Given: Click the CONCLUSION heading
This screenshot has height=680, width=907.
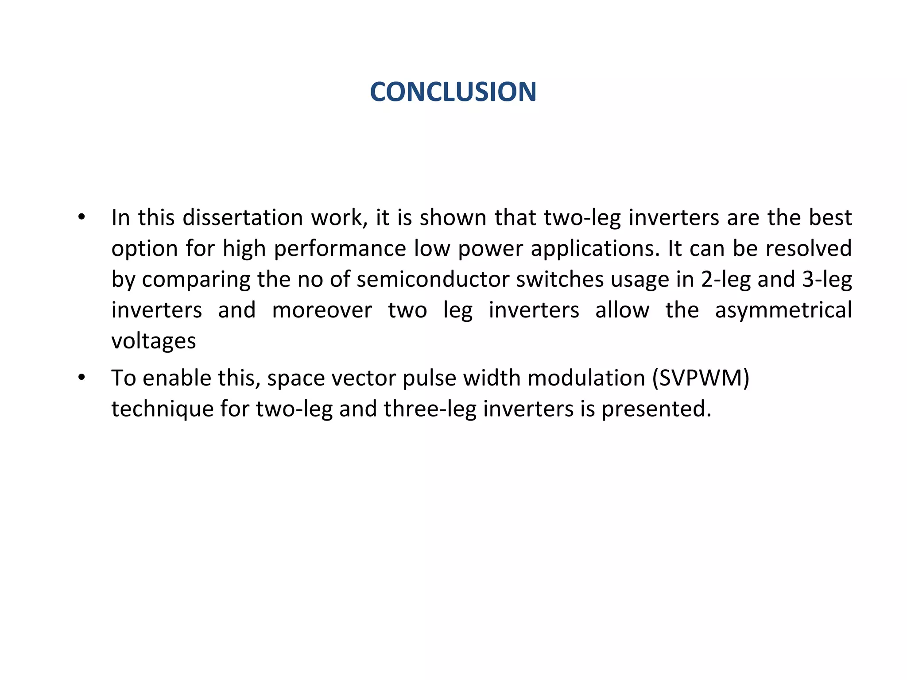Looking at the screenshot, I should [x=453, y=92].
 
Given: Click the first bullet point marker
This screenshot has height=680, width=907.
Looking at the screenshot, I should [x=81, y=218].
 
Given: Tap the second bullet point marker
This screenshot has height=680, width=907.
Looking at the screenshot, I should [x=81, y=378].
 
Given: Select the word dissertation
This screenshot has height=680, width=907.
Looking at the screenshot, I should [x=243, y=218].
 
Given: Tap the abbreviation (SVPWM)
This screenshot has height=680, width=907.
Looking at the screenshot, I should [x=701, y=378].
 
